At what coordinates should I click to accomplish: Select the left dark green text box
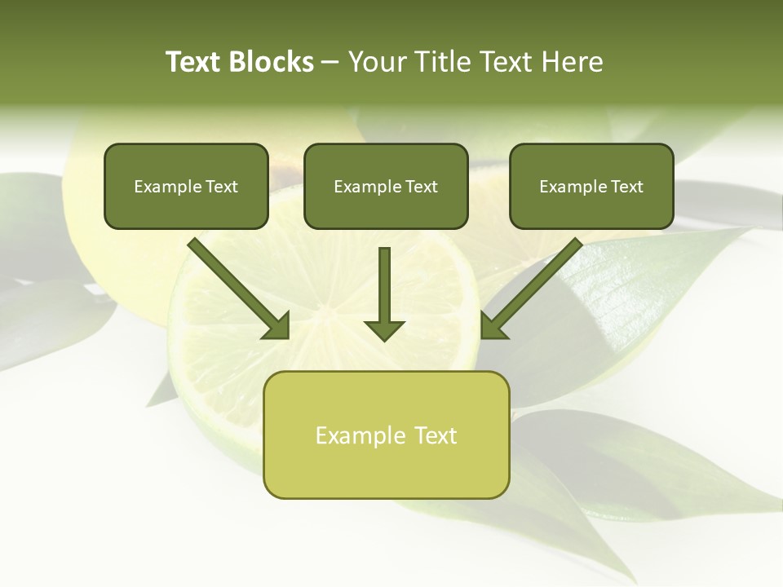pyautogui.click(x=186, y=186)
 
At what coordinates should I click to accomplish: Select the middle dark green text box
pyautogui.click(x=386, y=186)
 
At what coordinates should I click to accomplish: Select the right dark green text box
pyautogui.click(x=591, y=186)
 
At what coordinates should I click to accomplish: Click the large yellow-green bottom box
pyautogui.click(x=387, y=435)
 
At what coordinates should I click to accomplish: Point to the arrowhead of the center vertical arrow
pyautogui.click(x=384, y=330)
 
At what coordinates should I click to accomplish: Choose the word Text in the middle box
pyautogui.click(x=422, y=187)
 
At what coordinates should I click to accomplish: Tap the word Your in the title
pyautogui.click(x=377, y=62)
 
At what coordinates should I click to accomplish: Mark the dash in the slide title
pyautogui.click(x=330, y=62)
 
